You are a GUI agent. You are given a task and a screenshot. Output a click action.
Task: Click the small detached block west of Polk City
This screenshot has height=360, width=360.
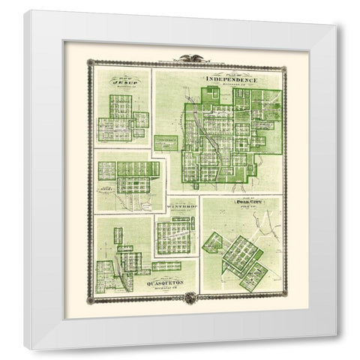pos(213,241)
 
